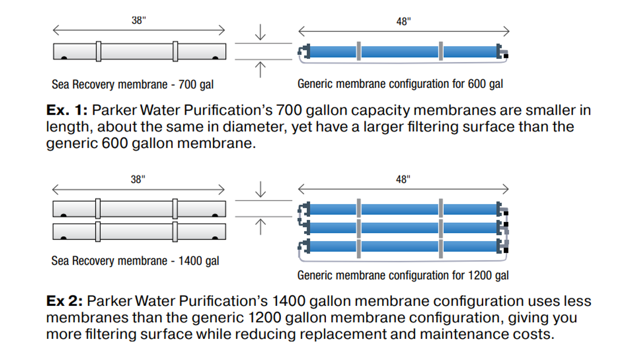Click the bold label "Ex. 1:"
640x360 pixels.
(67, 111)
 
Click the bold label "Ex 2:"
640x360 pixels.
(64, 301)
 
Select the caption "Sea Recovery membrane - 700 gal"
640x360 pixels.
(133, 84)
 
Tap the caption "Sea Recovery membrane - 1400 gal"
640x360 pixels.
(135, 261)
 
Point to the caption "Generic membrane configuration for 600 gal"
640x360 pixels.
(400, 84)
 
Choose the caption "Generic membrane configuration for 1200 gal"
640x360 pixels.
(403, 275)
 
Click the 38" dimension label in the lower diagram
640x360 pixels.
(138, 179)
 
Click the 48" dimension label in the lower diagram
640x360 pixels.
(403, 179)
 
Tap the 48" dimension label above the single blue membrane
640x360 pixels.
(404, 22)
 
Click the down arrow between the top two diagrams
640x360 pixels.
(260, 33)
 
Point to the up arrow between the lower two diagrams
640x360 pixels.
(260, 227)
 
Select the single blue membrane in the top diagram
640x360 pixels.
(403, 52)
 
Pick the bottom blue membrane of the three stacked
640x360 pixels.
(403, 246)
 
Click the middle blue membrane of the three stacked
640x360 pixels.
(403, 227)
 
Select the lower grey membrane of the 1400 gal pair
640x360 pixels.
(139, 232)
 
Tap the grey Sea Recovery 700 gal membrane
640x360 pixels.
(139, 52)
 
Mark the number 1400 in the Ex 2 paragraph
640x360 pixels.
(288, 301)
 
